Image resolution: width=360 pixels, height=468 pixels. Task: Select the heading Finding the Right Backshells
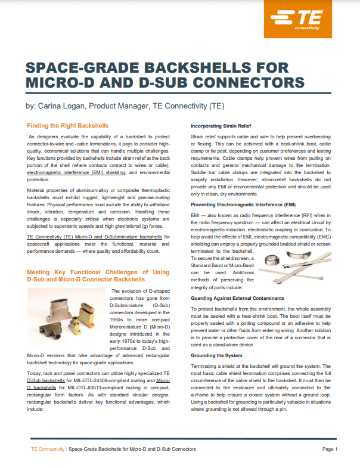coord(69,126)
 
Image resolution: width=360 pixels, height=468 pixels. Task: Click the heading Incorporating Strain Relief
coord(221,126)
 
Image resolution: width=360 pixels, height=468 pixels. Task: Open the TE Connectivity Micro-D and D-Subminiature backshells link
coord(94,237)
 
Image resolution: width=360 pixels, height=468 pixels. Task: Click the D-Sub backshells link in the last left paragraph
coord(46,379)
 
